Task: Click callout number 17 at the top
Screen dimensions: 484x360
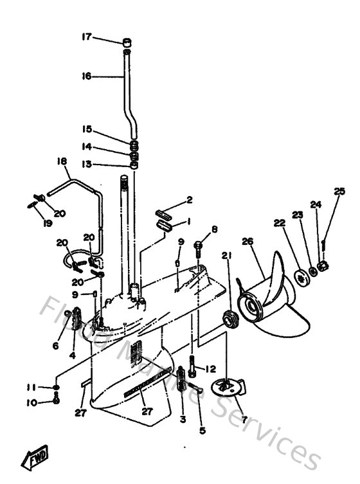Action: (87, 37)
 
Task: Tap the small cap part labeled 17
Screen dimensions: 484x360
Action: (128, 42)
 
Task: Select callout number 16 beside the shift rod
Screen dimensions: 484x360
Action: (87, 76)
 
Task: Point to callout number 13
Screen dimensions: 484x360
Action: (87, 165)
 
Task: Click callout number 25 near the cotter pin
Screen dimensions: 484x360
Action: (339, 191)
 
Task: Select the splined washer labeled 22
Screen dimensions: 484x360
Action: (300, 276)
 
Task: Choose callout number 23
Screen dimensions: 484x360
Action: (297, 215)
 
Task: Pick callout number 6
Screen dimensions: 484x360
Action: (55, 345)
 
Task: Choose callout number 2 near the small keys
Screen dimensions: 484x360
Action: (189, 200)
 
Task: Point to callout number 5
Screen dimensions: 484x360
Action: (202, 431)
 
